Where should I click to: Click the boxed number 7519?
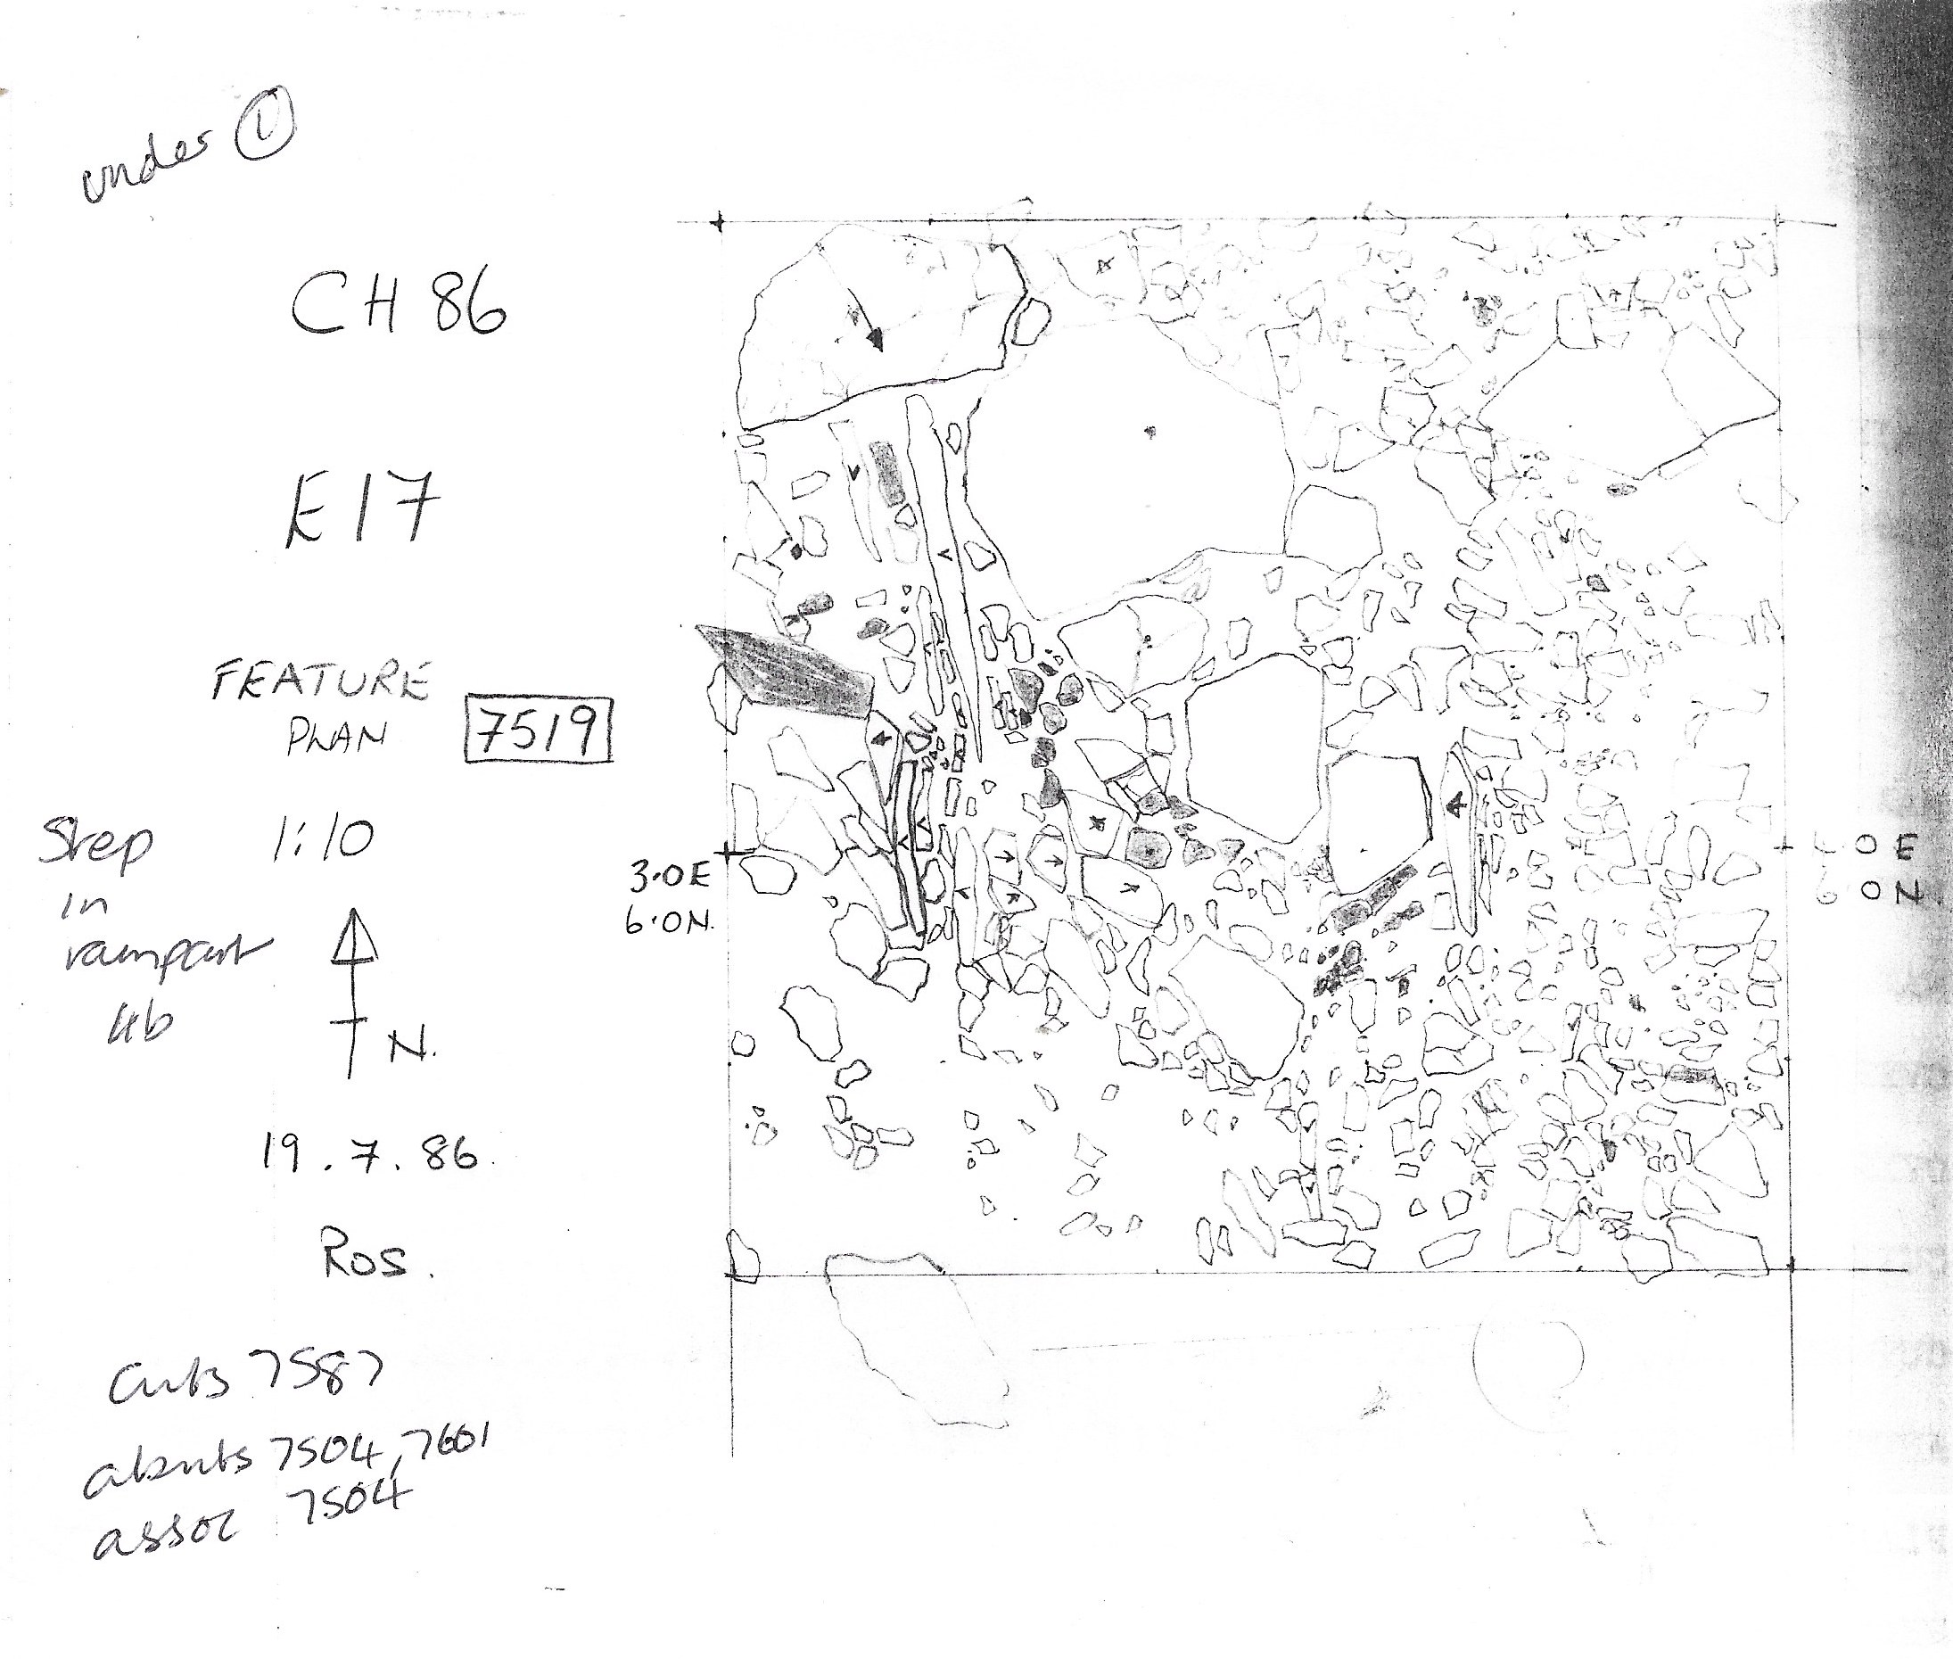539,730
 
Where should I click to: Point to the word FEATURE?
319,681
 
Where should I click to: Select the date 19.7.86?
367,1153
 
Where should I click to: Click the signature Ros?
366,1259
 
